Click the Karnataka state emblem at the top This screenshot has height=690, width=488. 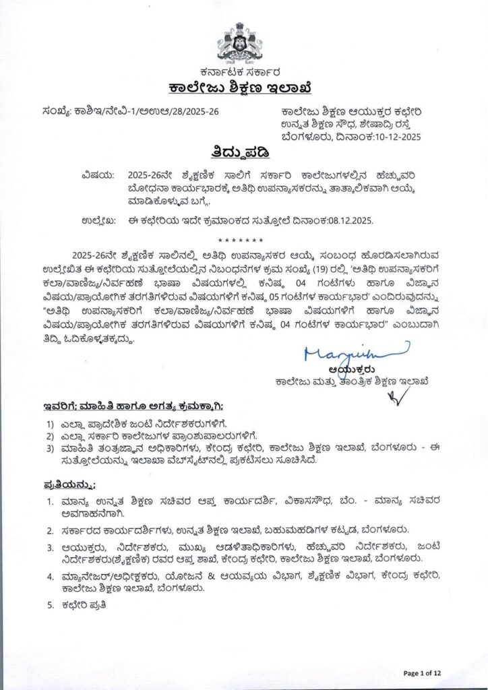[243, 42]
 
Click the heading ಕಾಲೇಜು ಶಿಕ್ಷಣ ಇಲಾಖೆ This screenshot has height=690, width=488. [243, 89]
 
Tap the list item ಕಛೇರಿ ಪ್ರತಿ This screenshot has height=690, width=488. [78, 604]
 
